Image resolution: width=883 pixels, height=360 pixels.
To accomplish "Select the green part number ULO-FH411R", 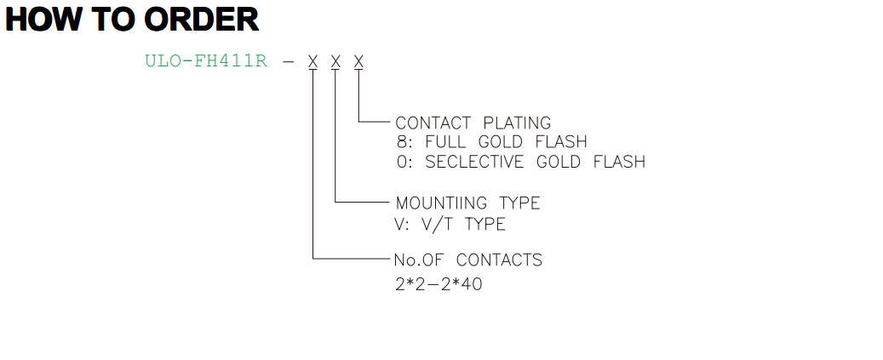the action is [x=206, y=60].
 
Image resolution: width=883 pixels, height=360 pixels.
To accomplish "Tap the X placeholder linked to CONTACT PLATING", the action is [x=358, y=60].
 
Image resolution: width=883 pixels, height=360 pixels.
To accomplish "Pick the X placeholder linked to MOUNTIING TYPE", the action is [x=335, y=60].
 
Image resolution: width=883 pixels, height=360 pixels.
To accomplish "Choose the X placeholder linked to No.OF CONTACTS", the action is [x=312, y=60].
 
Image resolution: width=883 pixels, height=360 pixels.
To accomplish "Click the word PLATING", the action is [x=517, y=123].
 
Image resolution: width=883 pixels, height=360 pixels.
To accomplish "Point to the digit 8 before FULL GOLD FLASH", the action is [x=401, y=141].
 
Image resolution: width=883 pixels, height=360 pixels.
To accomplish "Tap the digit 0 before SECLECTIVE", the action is [x=401, y=162].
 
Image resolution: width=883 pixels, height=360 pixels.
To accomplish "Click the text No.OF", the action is [x=420, y=260].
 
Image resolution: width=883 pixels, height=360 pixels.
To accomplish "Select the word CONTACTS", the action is [x=499, y=260].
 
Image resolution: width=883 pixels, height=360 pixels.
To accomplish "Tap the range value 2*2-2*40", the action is [x=439, y=284].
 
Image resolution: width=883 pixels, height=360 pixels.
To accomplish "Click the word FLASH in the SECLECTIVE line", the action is [x=619, y=162].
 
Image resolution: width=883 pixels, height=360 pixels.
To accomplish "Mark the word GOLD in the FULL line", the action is [x=513, y=141].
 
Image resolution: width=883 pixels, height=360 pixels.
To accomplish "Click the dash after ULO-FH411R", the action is [x=288, y=61].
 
